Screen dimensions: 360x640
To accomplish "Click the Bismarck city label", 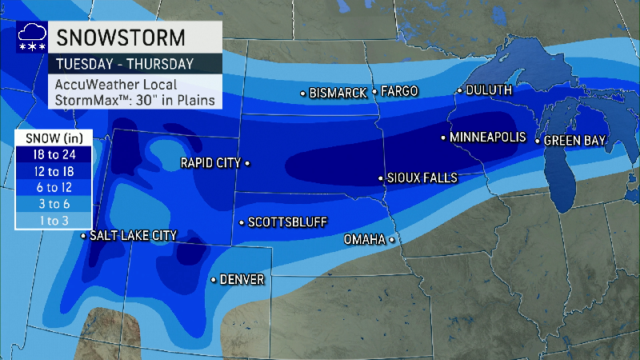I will (338, 93).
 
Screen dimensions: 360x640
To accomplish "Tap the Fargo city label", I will (399, 91).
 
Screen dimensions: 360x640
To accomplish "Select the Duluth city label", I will (488, 90).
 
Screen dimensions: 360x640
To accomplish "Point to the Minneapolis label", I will (488, 138).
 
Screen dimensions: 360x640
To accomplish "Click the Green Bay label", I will (574, 141).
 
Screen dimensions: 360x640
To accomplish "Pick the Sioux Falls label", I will (422, 178).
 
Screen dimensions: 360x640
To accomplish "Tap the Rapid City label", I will (211, 162).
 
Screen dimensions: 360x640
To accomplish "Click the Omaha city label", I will (365, 239).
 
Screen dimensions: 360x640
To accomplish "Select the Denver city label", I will (242, 279).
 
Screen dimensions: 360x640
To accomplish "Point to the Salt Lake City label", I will (133, 235).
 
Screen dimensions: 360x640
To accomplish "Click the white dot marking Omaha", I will (392, 239).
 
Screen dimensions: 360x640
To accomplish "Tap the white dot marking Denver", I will (213, 280).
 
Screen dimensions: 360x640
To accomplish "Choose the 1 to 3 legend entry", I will (54, 220).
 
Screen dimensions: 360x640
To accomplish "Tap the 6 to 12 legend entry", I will (54, 188).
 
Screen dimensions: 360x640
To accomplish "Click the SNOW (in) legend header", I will (54, 138).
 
